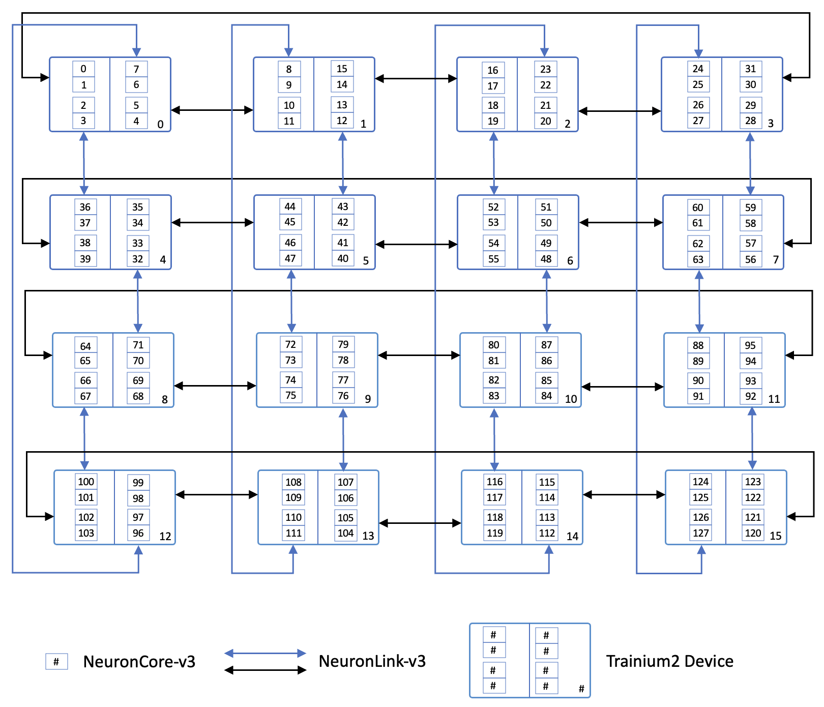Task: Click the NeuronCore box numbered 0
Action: [83, 69]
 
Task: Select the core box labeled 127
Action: [700, 533]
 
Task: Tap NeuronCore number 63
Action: [698, 259]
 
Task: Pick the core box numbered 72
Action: [290, 344]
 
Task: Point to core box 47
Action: [290, 258]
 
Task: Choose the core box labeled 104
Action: [345, 533]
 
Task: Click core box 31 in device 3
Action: [750, 69]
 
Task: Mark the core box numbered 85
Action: [546, 380]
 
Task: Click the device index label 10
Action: [571, 399]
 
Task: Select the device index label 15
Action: [775, 536]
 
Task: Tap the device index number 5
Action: [366, 260]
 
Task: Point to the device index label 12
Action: [165, 536]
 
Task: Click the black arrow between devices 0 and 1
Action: [212, 110]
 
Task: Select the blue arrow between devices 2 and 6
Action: [493, 163]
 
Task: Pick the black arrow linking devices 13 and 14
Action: [420, 523]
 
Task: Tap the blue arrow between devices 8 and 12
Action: [84, 438]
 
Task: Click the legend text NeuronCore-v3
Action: [139, 661]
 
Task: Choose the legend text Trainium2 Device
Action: [669, 661]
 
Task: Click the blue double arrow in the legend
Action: [265, 653]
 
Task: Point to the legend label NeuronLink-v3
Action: [372, 661]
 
